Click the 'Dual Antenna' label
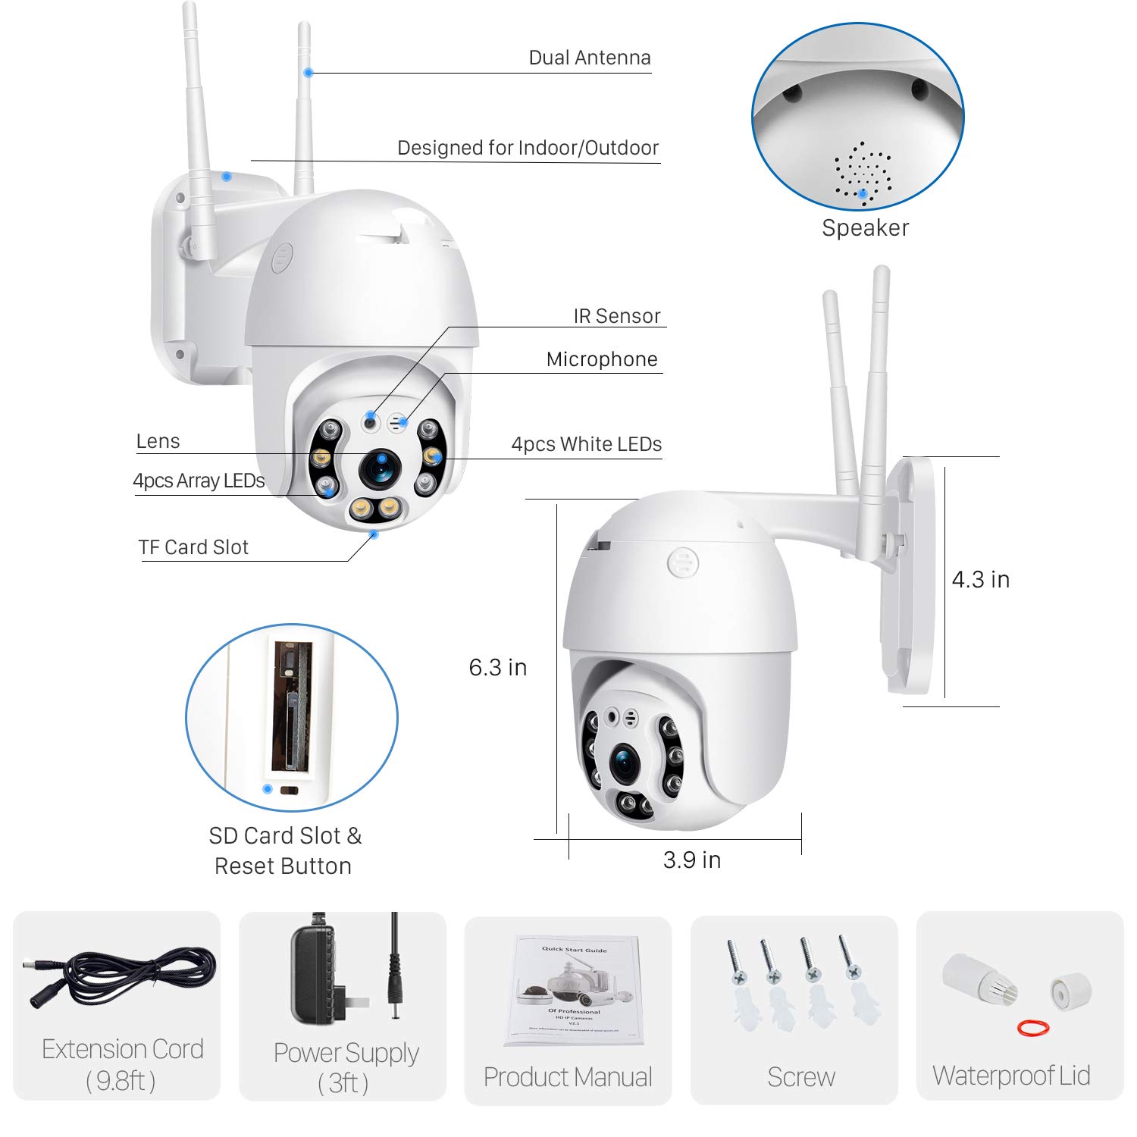point(589,58)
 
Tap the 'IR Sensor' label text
point(616,316)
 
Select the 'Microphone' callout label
point(602,359)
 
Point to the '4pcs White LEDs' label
point(586,444)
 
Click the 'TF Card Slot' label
point(193,547)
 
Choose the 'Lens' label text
point(158,441)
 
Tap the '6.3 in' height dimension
point(497,667)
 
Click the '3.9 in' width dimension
point(691,860)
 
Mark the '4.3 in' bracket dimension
point(980,580)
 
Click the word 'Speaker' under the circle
point(865,228)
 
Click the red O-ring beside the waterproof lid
point(1032,1028)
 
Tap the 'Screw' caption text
point(800,1076)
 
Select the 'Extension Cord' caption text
point(123,1049)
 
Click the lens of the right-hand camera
point(627,763)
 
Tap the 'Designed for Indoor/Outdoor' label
point(528,148)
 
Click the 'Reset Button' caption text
point(283,866)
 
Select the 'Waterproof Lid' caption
point(1011,1076)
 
